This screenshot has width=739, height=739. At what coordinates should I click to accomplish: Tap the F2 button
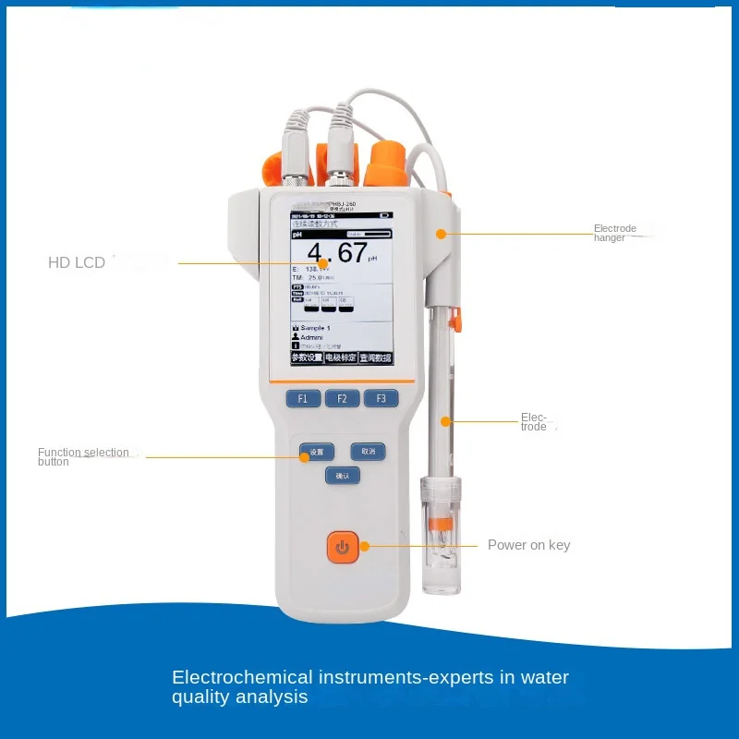pyautogui.click(x=342, y=399)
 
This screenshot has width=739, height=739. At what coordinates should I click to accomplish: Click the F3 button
pyautogui.click(x=381, y=399)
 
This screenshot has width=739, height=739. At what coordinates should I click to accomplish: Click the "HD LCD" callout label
pyautogui.click(x=77, y=263)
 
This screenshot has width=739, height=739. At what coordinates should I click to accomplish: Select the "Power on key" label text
pyautogui.click(x=528, y=545)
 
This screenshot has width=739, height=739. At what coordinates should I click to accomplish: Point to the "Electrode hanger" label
pyautogui.click(x=615, y=233)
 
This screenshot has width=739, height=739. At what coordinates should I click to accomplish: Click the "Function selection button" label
pyautogui.click(x=83, y=456)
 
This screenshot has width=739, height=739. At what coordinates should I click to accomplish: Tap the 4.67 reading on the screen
pyautogui.click(x=337, y=252)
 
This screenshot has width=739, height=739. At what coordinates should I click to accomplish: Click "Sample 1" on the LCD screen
pyautogui.click(x=315, y=328)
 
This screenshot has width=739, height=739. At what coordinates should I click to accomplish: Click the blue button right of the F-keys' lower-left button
pyautogui.click(x=368, y=452)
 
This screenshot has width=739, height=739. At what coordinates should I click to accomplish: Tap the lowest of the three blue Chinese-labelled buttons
pyautogui.click(x=342, y=476)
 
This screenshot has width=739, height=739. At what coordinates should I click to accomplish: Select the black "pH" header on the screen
pyautogui.click(x=297, y=235)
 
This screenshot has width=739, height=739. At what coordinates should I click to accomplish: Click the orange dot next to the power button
pyautogui.click(x=364, y=546)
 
